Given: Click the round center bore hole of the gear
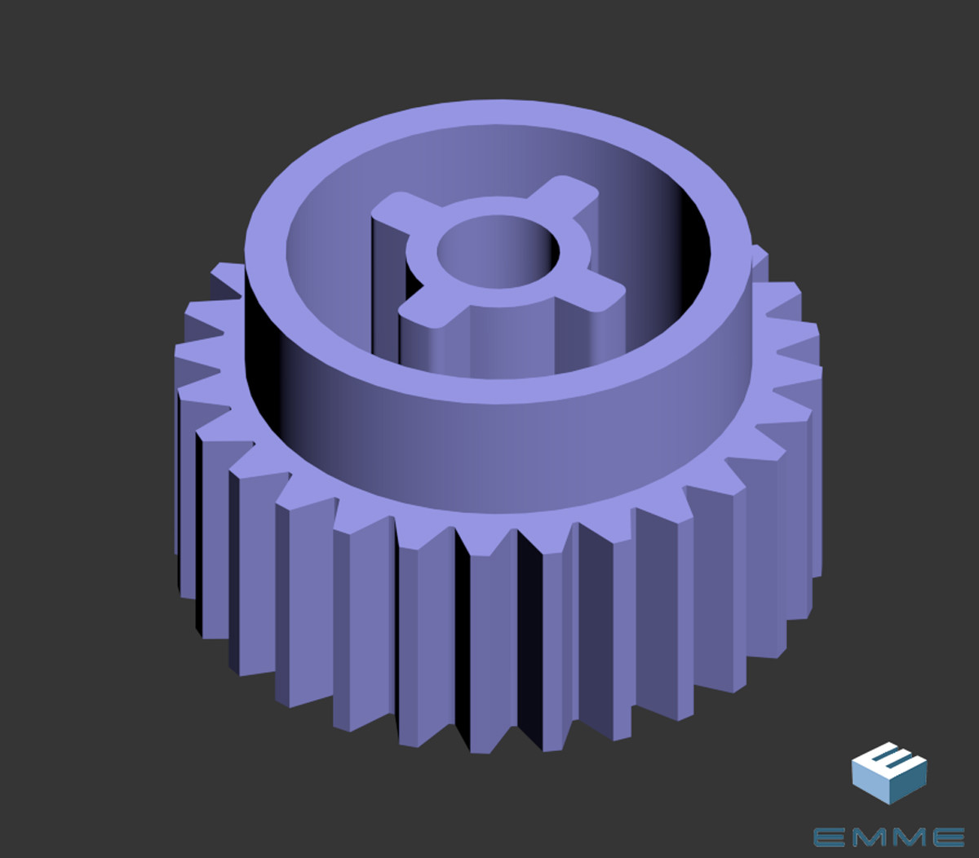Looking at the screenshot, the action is coord(498,252).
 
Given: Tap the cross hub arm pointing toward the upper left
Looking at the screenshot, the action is coord(397,211).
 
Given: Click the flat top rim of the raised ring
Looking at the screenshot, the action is coord(498,113).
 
